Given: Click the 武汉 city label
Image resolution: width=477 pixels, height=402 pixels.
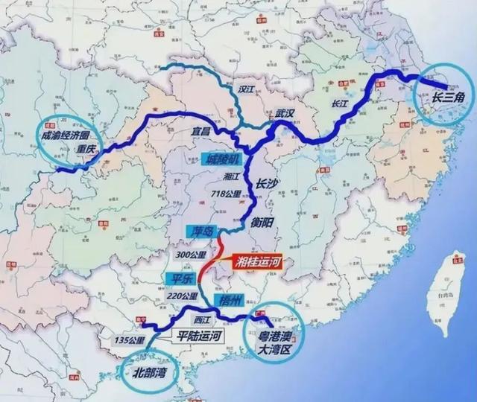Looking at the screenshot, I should pos(285,113).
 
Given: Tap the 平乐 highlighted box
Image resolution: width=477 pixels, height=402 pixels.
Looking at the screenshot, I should pos(177,279).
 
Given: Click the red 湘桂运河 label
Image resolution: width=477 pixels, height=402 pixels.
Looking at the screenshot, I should pos(262,262).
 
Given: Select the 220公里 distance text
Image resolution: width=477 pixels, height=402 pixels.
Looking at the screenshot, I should pos(182,295).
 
